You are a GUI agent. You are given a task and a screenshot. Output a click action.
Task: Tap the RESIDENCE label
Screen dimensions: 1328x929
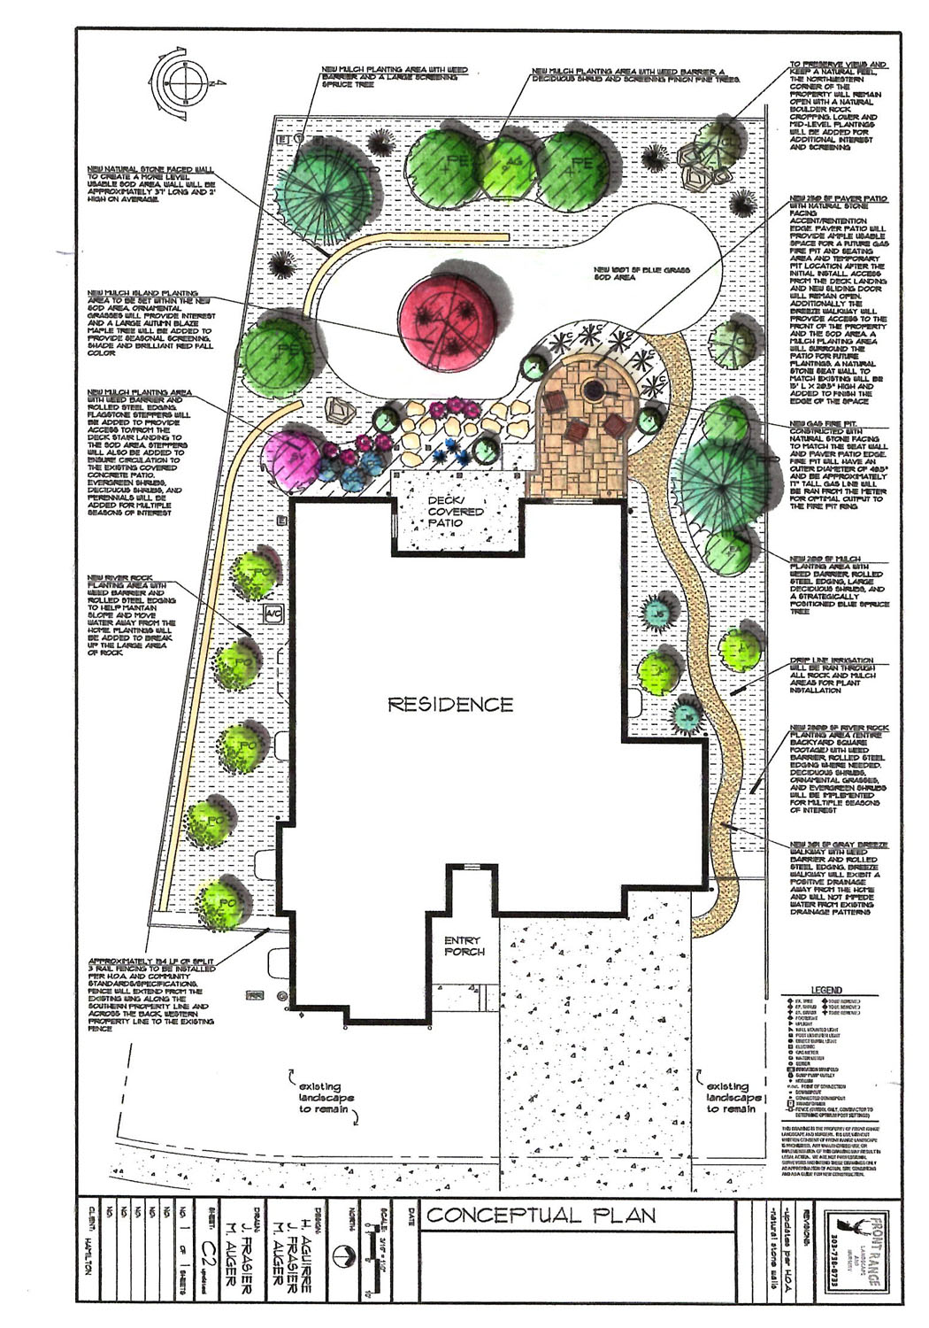click(x=450, y=705)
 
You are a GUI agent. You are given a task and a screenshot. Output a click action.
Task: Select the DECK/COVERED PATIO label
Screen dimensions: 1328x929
click(x=456, y=512)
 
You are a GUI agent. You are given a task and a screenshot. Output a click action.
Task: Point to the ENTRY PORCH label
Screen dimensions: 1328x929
click(x=464, y=946)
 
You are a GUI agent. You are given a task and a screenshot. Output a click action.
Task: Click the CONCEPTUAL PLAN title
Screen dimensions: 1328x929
click(x=541, y=1216)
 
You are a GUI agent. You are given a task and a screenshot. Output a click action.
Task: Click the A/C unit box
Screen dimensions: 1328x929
click(x=272, y=614)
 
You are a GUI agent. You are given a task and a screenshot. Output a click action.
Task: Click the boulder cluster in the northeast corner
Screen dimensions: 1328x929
click(x=703, y=166)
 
